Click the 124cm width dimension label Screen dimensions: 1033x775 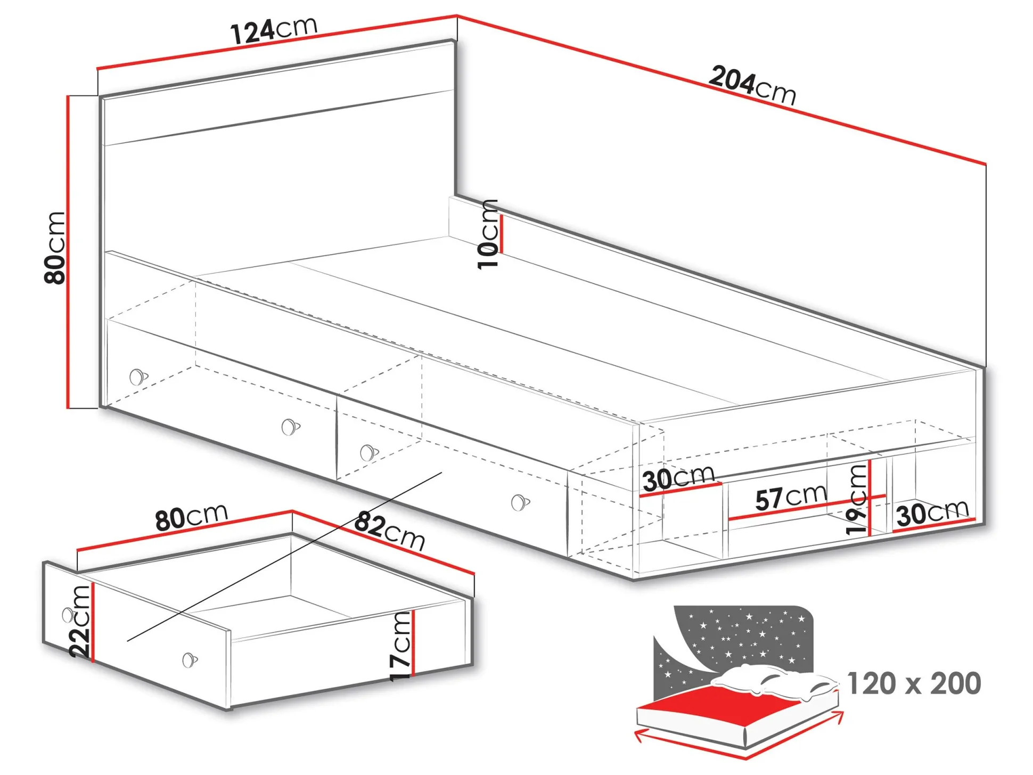click(274, 30)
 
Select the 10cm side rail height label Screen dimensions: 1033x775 click(488, 234)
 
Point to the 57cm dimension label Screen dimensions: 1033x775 click(791, 497)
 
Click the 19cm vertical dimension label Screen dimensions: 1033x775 click(856, 499)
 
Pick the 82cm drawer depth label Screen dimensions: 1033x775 click(390, 531)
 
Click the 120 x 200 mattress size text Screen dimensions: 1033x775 click(914, 684)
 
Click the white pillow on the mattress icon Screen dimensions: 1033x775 click(772, 682)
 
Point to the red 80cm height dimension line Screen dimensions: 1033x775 click(68, 252)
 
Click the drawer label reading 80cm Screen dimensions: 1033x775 click(192, 517)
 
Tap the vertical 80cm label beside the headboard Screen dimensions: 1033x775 click(55, 248)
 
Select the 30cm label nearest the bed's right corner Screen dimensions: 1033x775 click(932, 513)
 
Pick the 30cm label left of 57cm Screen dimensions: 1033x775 click(679, 478)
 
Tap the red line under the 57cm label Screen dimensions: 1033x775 click(807, 508)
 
